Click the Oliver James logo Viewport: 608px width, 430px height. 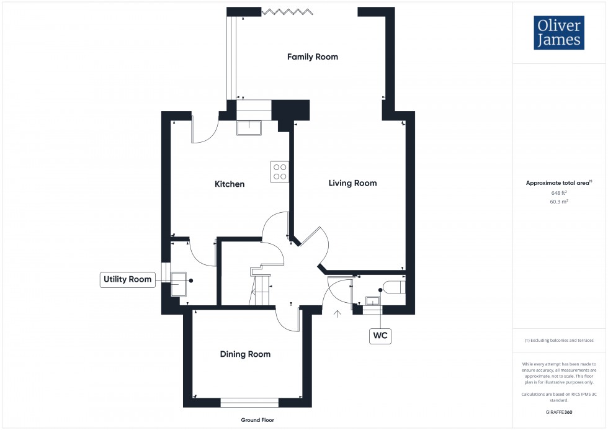[x=558, y=33]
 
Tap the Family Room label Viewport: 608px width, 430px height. [x=312, y=56]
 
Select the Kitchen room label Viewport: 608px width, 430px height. [x=230, y=184]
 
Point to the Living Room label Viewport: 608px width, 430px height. [x=352, y=183]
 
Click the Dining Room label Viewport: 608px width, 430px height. [x=245, y=354]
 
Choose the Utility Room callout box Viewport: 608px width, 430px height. [x=128, y=279]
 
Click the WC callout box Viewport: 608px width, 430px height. [x=380, y=336]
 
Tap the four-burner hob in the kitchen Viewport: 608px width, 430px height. [x=279, y=171]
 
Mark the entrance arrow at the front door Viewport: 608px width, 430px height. [x=338, y=315]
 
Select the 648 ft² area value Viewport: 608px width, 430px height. [x=559, y=193]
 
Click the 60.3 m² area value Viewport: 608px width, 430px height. [x=559, y=202]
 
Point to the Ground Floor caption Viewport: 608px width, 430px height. [x=257, y=420]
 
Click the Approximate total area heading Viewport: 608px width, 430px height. [x=558, y=183]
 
